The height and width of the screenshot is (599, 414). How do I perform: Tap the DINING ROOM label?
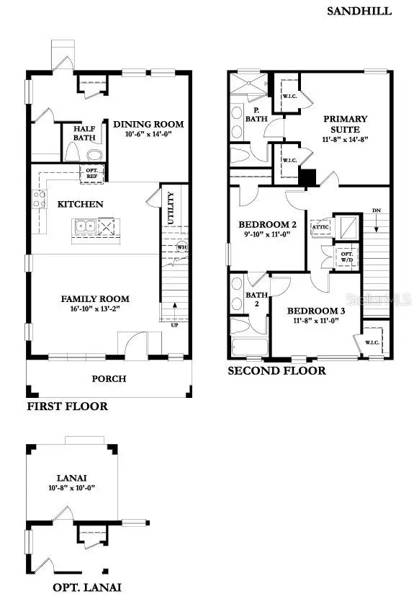[148, 124]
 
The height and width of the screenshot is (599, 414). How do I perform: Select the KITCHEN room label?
[80, 204]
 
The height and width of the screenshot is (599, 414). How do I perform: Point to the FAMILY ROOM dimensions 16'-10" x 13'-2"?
[94, 310]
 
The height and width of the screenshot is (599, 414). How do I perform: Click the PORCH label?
[109, 378]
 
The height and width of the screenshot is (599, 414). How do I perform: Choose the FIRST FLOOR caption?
[67, 406]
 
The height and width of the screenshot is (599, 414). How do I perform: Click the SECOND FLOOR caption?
[276, 371]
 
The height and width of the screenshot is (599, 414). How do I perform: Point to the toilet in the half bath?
[72, 152]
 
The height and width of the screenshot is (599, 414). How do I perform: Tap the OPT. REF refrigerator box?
[93, 172]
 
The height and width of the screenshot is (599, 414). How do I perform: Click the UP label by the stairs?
[174, 325]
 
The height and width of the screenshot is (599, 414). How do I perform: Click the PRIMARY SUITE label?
[345, 124]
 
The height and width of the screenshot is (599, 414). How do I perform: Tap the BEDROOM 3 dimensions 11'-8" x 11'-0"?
[316, 321]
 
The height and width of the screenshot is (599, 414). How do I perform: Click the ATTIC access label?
[320, 227]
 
